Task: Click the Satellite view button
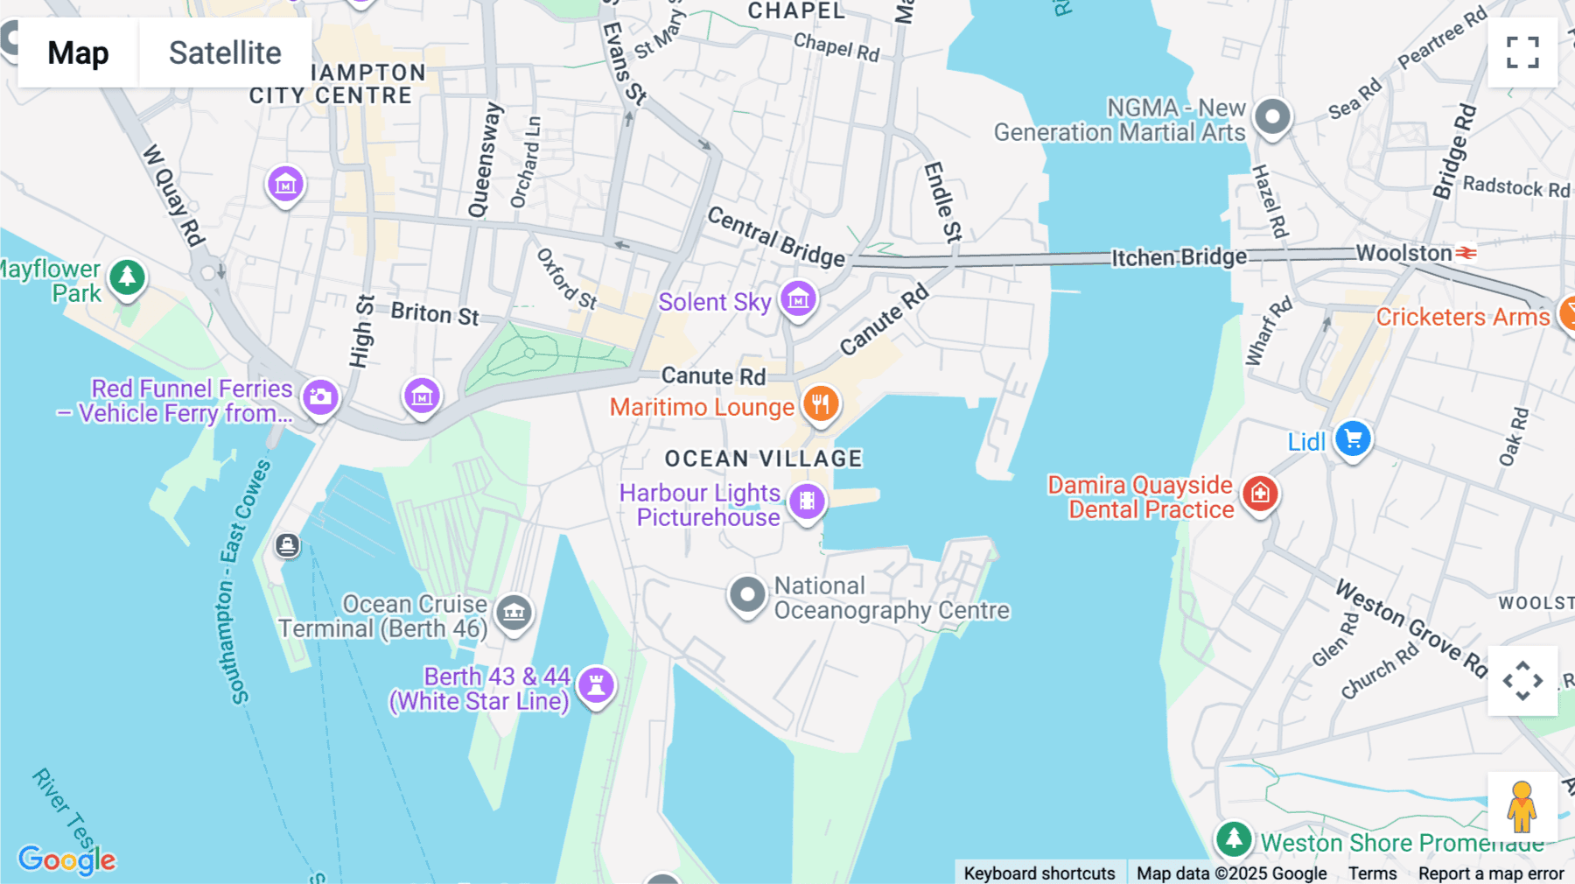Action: click(225, 53)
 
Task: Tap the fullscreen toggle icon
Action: click(1522, 53)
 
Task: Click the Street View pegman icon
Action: click(1522, 806)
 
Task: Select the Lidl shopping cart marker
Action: click(1353, 439)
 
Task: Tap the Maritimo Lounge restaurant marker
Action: click(821, 404)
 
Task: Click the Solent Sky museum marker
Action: click(798, 299)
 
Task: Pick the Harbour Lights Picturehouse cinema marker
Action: click(807, 502)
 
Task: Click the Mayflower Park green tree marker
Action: click(128, 277)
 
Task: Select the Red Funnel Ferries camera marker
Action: click(320, 397)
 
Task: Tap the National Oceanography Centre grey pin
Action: click(747, 595)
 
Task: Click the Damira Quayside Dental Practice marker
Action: click(1260, 494)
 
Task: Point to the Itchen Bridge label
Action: click(1179, 257)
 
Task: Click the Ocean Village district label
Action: click(763, 459)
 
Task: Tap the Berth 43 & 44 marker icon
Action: click(597, 684)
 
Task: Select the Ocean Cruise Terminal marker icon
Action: click(514, 613)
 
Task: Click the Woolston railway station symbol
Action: click(1466, 253)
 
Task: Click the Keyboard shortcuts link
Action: click(1039, 873)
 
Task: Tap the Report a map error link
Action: click(1491, 873)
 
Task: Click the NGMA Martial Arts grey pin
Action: click(1272, 116)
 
